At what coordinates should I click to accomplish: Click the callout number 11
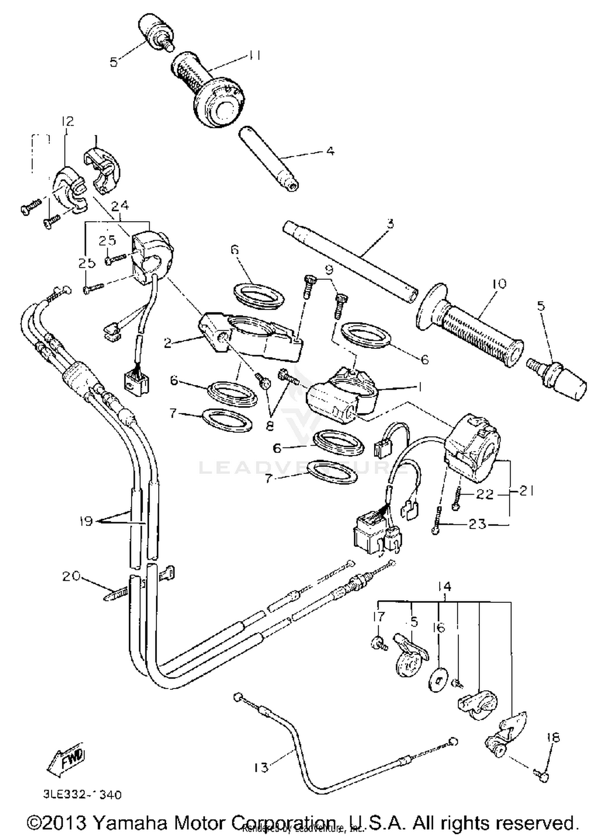tap(254, 55)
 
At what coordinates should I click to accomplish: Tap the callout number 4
tap(330, 151)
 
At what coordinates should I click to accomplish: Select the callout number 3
tap(390, 223)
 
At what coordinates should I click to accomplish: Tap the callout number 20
tap(71, 576)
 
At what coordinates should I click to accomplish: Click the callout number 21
tap(526, 491)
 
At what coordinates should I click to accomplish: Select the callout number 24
tap(120, 206)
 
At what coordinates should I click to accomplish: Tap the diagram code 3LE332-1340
tap(83, 795)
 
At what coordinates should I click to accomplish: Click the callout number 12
tap(68, 121)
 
